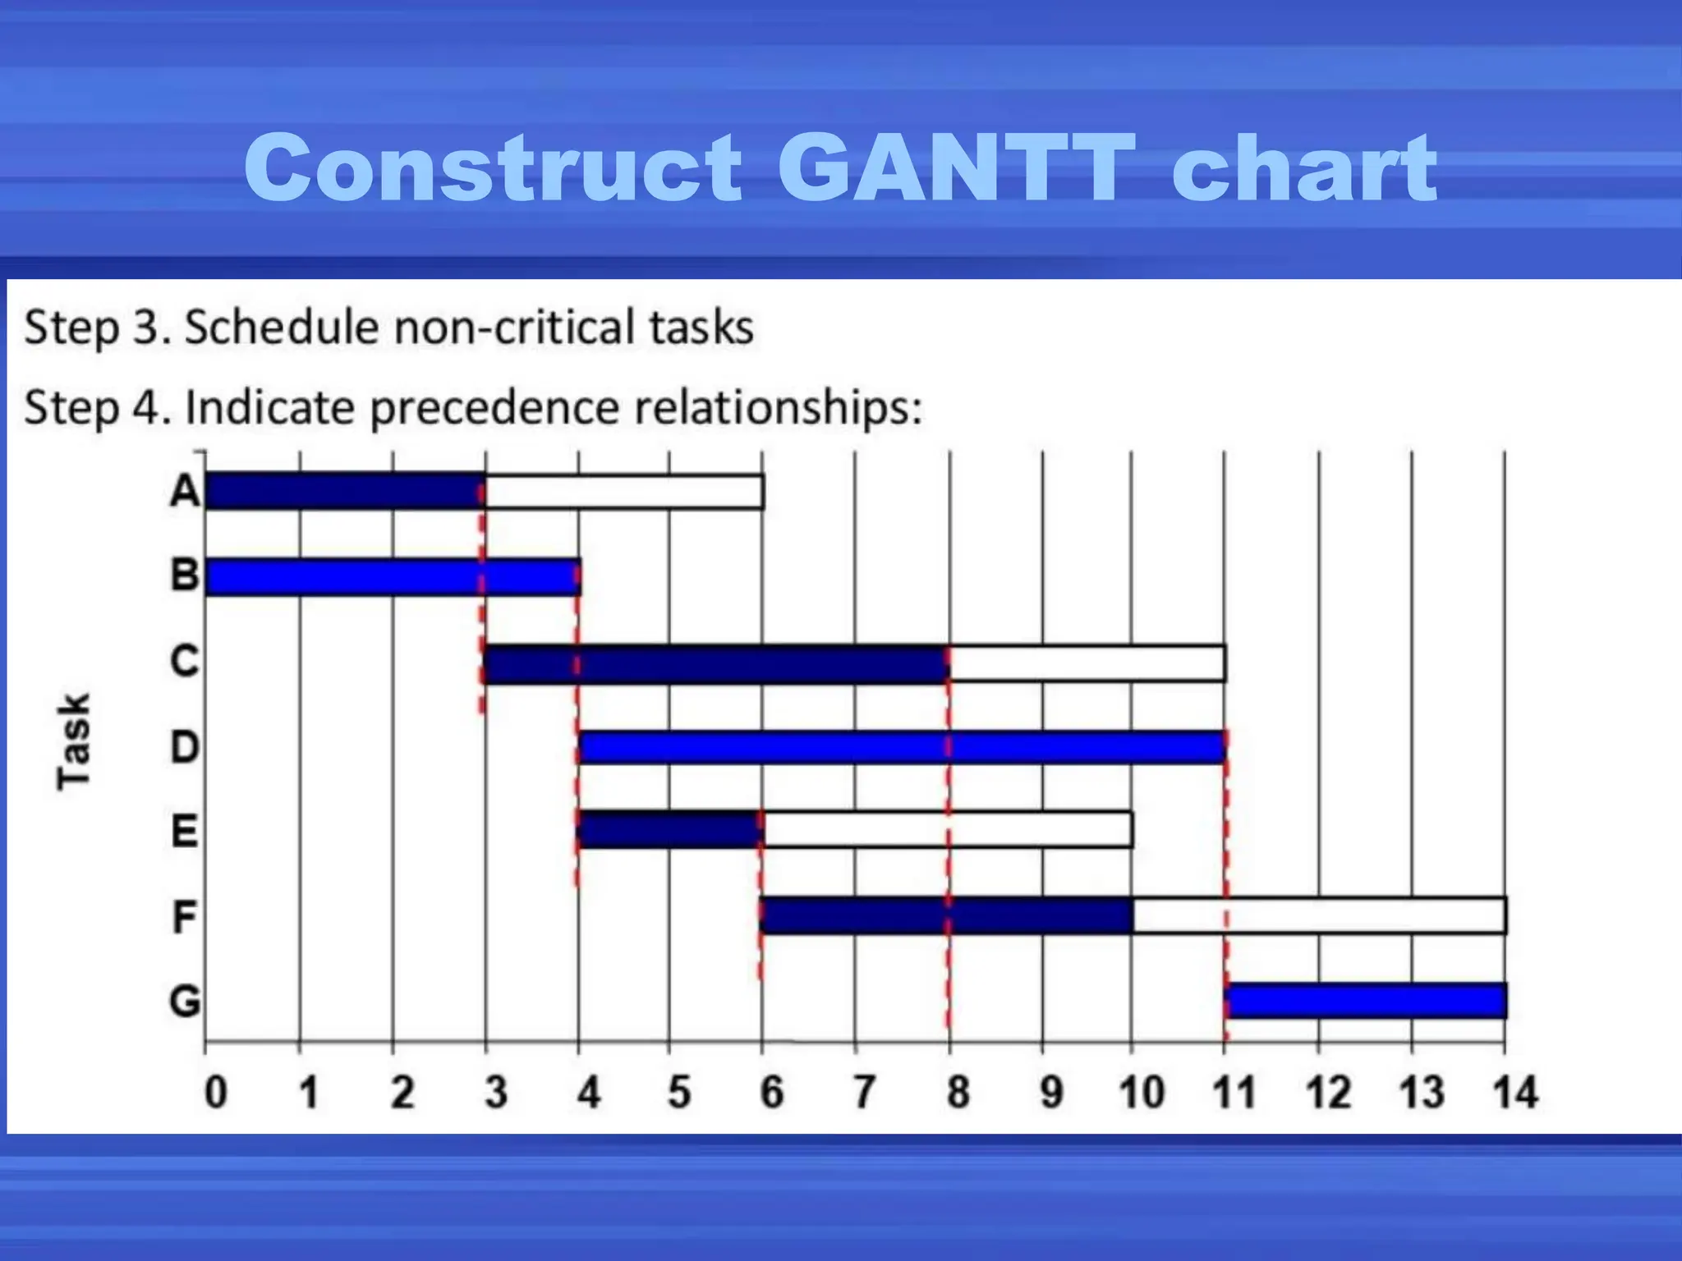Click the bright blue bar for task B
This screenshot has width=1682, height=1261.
click(x=393, y=576)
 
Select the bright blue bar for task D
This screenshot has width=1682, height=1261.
click(x=901, y=747)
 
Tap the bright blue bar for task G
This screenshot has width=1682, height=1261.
click(x=1365, y=1000)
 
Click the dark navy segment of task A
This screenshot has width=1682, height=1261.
click(x=343, y=491)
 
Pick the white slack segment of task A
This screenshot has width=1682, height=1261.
click(x=624, y=492)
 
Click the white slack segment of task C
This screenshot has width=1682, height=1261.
click(x=1087, y=663)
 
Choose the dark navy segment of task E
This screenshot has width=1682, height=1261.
click(x=669, y=830)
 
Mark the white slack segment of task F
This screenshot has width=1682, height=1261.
click(x=1319, y=915)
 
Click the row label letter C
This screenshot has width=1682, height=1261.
click(x=185, y=661)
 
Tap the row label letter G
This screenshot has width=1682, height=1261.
click(x=185, y=1002)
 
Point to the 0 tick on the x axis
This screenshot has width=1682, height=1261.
click(x=215, y=1093)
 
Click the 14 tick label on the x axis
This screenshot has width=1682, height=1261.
click(x=1514, y=1093)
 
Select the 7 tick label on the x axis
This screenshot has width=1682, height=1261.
click(x=863, y=1093)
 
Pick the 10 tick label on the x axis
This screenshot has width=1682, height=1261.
click(x=1141, y=1093)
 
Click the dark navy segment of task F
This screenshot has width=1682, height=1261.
click(x=946, y=915)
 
